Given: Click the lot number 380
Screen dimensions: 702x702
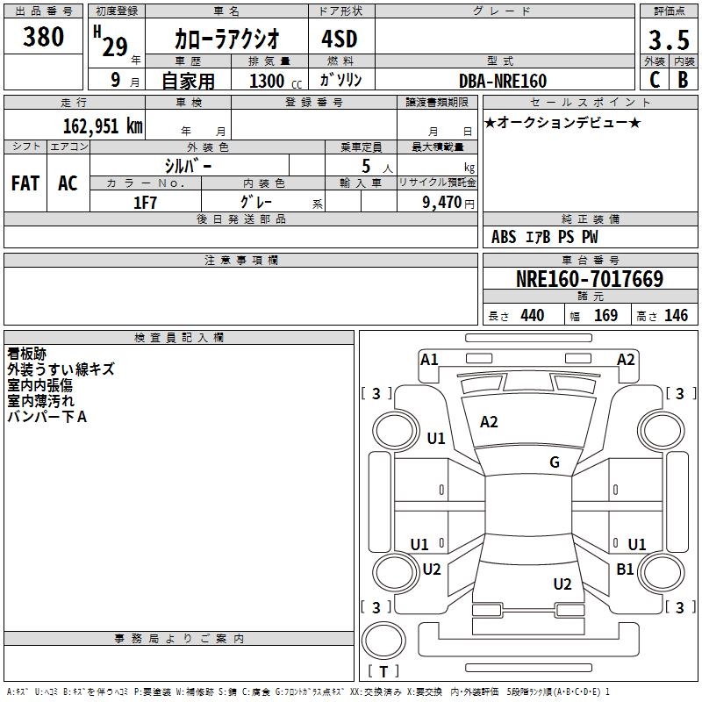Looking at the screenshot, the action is [x=44, y=37].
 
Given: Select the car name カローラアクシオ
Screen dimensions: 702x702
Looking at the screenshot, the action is [x=226, y=39].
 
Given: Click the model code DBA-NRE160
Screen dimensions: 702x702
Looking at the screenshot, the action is [x=502, y=81].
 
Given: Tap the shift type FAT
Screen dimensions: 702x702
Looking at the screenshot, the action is [x=25, y=183].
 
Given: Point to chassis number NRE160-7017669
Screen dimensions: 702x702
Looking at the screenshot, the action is [x=589, y=280].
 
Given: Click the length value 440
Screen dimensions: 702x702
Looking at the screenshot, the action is [x=532, y=316].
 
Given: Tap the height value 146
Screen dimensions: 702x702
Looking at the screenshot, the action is [x=675, y=316].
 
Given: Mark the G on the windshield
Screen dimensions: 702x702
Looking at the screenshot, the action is [x=554, y=462].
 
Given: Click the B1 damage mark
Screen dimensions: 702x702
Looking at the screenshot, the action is [x=625, y=569].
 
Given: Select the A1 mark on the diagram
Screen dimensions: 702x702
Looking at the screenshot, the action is [x=429, y=359].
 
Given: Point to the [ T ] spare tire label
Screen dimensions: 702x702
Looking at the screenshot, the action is [x=383, y=672].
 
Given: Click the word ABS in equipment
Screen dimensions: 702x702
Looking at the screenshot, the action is [x=504, y=237].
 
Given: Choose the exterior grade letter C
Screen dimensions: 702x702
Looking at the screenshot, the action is [x=654, y=81].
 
